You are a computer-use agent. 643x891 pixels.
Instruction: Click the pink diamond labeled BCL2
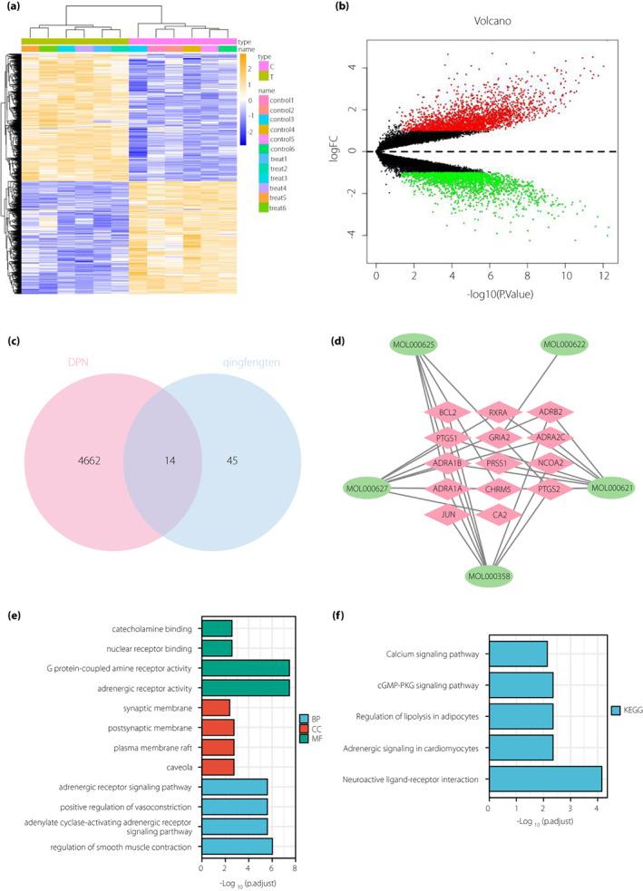[x=447, y=412]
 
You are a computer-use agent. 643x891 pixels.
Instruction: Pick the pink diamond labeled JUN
[x=447, y=515]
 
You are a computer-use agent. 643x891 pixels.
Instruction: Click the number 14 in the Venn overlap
[x=162, y=461]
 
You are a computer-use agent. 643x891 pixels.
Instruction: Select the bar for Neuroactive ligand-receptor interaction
[x=544, y=780]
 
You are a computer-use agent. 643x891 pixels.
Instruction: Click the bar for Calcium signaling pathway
[x=517, y=653]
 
